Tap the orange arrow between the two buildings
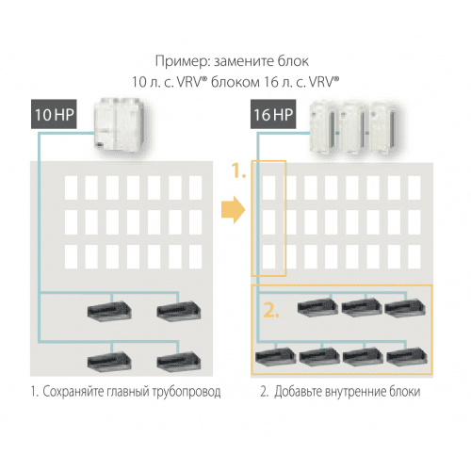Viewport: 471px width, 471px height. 228,207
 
